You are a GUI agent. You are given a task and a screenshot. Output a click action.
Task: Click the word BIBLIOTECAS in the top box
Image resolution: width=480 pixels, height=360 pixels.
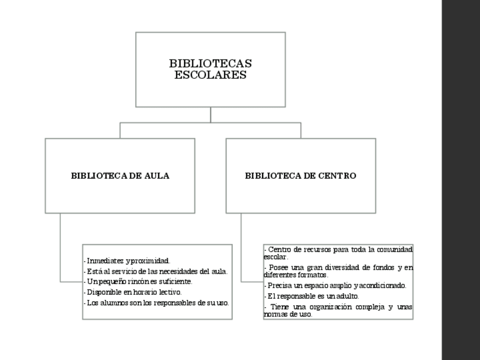(210, 63)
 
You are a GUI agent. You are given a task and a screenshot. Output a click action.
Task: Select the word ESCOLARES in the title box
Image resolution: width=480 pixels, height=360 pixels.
(210, 75)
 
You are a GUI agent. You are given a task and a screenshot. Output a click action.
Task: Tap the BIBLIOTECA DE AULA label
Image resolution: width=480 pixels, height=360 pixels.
(120, 175)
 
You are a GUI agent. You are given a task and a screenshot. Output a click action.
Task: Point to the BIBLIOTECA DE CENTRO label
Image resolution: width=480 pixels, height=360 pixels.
(301, 175)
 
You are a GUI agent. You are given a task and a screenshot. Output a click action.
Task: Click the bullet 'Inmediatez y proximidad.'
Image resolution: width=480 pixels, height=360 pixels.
(127, 261)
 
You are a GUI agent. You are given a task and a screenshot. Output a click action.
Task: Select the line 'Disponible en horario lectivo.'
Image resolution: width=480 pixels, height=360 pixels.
(133, 292)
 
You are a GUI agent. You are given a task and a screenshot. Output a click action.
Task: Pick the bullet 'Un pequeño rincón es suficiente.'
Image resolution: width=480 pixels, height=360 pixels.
(139, 281)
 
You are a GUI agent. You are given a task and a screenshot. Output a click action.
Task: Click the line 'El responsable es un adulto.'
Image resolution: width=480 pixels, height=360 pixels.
(312, 295)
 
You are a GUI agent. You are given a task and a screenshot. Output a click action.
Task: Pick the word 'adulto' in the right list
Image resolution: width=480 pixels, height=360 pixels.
(348, 295)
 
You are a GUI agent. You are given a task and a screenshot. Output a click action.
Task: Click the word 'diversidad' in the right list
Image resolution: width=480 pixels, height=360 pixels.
(342, 267)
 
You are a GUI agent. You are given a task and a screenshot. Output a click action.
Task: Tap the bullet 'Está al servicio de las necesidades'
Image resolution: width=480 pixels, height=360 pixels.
(156, 271)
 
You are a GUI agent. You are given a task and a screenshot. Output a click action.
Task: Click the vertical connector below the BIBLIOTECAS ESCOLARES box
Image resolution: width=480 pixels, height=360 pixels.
(211, 114)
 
